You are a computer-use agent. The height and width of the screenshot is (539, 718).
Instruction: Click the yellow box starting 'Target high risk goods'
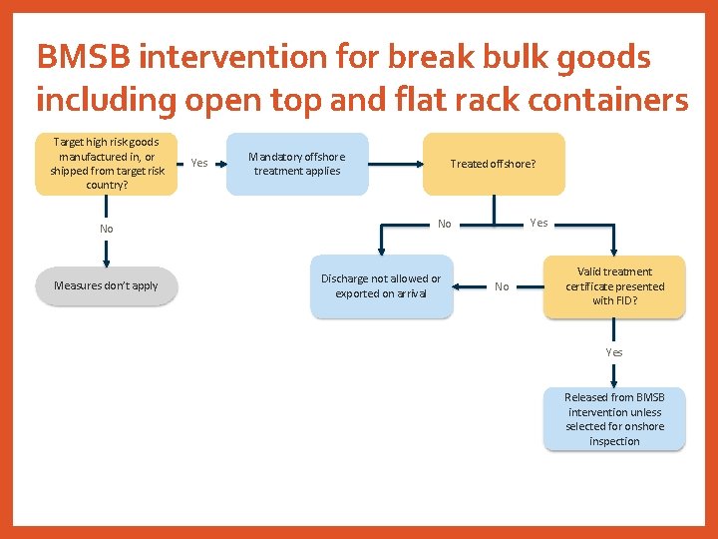tap(106, 164)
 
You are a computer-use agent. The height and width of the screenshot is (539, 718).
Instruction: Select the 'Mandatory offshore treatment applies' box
tap(297, 164)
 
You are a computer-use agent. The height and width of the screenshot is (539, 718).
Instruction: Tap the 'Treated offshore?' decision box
tap(494, 164)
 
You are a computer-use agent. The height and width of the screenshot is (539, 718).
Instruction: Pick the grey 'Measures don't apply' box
tap(106, 285)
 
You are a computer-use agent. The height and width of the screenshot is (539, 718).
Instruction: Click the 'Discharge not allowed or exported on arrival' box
tap(381, 286)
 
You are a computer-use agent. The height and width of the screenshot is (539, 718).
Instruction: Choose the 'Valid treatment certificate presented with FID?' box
tap(614, 286)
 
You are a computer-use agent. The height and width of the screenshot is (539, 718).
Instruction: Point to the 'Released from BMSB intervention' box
tap(614, 419)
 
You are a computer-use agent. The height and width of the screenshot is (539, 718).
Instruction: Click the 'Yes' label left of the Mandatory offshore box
tap(199, 163)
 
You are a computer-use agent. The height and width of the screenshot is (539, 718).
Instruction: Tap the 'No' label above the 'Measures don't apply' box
tap(106, 229)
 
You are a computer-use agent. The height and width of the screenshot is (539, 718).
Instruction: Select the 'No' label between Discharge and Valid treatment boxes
tap(502, 286)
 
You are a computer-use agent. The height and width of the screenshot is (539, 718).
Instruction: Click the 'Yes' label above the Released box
tap(614, 352)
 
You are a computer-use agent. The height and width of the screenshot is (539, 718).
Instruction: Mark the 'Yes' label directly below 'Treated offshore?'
tap(538, 223)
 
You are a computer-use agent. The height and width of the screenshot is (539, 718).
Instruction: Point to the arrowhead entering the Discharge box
tap(381, 257)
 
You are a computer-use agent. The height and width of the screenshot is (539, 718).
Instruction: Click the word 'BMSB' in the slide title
tap(84, 58)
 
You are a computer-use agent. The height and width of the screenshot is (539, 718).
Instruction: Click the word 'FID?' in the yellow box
tap(627, 300)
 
